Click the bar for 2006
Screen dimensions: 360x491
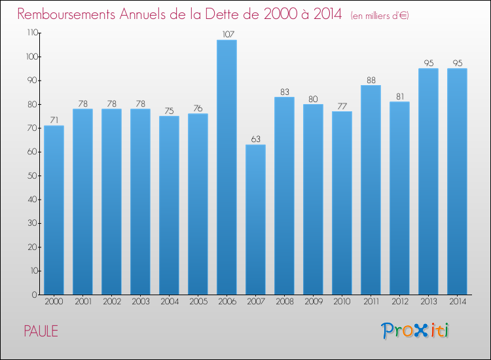point(227,167)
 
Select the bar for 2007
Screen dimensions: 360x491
point(255,219)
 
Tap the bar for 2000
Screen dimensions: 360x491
point(54,209)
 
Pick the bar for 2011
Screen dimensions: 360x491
point(371,190)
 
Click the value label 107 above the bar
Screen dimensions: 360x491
point(227,34)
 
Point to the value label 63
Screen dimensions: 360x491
point(255,139)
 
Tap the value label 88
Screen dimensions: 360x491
point(371,80)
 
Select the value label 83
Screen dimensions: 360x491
point(284,92)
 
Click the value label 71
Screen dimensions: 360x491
point(54,120)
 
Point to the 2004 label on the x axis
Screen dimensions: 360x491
point(169,302)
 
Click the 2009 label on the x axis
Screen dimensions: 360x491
point(313,302)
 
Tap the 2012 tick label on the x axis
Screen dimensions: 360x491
point(399,302)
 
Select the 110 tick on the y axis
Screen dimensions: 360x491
point(30,33)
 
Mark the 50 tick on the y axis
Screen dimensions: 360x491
point(31,175)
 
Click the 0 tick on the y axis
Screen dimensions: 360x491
point(34,295)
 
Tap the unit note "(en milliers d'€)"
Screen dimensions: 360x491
point(380,15)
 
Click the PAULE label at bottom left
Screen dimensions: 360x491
point(41,331)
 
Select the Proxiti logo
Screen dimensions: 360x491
point(415,330)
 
